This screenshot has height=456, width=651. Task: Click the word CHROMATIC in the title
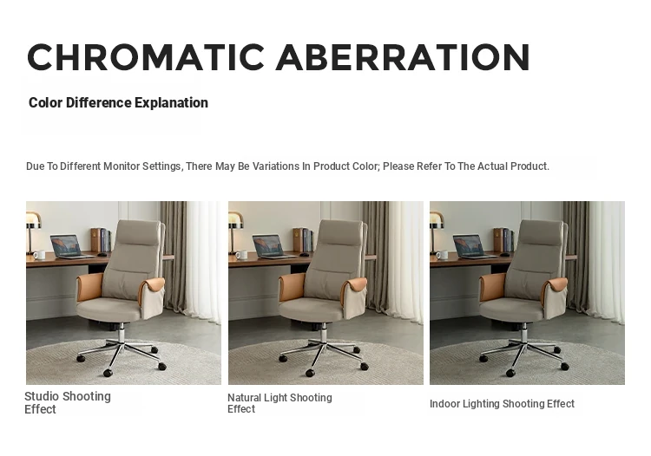point(146,57)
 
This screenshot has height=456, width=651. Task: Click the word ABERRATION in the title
point(403,57)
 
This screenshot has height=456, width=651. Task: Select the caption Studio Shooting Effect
point(67,402)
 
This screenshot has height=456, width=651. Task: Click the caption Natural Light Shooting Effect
point(279,403)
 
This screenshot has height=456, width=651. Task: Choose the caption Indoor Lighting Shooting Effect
point(502,404)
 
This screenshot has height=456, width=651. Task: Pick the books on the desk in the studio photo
point(101,239)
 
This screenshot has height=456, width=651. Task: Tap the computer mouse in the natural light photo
point(304,254)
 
